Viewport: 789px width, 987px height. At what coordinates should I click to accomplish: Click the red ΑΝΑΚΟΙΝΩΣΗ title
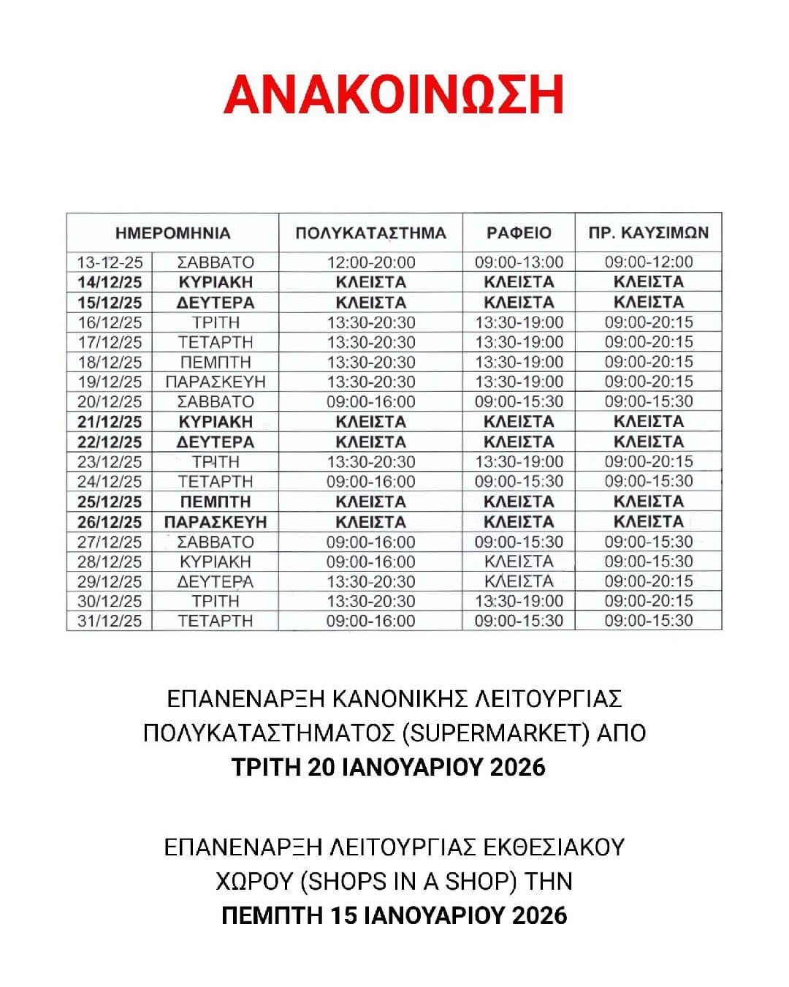394,94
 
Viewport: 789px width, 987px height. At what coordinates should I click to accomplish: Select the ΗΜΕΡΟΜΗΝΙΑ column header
172,233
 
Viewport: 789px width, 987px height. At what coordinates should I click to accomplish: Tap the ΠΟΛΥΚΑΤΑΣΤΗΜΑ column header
370,233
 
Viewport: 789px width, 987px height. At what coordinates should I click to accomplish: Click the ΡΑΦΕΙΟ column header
519,233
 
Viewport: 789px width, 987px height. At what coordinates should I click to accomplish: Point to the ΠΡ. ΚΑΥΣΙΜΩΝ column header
649,233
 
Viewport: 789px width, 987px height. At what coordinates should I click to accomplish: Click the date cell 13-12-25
110,262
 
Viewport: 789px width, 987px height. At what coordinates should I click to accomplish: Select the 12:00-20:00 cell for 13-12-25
370,262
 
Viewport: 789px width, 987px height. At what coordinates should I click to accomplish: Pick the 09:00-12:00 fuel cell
649,262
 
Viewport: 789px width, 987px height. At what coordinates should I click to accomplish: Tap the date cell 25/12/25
110,502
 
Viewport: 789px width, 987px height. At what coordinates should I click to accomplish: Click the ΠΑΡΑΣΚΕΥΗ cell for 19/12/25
216,382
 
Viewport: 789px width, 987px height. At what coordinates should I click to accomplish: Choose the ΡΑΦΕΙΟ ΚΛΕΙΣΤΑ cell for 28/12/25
519,561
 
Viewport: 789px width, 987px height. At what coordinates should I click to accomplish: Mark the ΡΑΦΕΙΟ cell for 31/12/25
519,621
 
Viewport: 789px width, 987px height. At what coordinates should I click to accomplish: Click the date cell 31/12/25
110,621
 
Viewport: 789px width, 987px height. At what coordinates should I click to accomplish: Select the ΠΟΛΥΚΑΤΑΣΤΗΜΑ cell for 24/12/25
370,482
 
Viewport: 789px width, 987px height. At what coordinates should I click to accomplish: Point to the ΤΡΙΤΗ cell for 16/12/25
216,322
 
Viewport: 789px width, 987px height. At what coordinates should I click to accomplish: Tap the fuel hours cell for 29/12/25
649,581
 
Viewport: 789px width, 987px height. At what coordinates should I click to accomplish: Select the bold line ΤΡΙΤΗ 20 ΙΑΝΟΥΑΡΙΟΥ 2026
388,767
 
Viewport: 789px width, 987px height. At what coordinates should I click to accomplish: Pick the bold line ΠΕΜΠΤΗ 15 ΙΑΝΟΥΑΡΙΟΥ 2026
394,915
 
